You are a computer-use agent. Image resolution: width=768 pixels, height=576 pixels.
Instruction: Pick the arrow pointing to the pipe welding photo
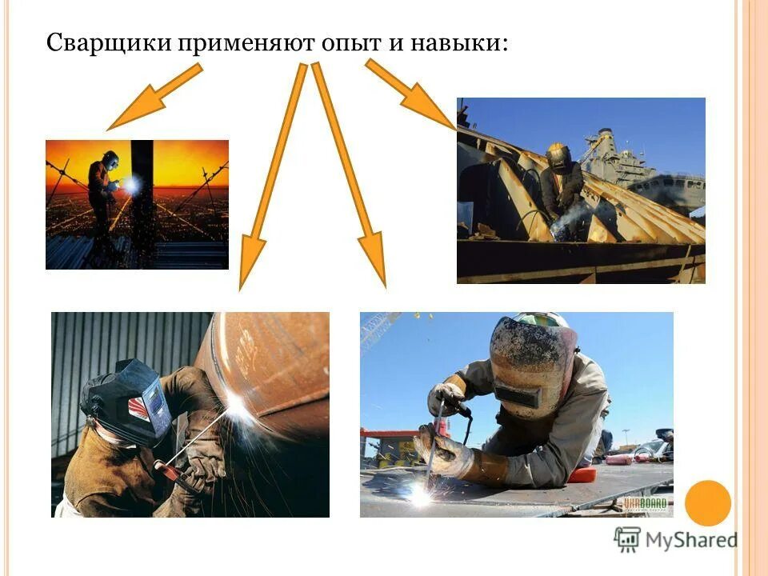pos(272,176)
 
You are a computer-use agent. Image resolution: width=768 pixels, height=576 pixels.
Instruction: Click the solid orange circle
pos(708,502)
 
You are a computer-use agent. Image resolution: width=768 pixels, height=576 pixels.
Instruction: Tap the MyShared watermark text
pos(688,540)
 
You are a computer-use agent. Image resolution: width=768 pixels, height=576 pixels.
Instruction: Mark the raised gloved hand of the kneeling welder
pos(446,397)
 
